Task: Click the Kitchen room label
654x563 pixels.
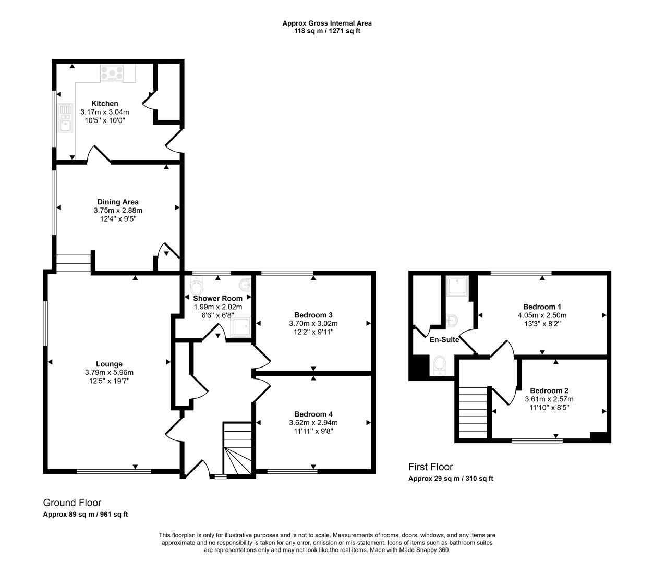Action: (105, 104)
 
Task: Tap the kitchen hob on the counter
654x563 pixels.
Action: (113, 73)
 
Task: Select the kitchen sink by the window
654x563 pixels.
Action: (65, 118)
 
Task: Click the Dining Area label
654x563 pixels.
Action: (118, 202)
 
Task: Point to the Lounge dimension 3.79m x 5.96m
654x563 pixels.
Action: (109, 373)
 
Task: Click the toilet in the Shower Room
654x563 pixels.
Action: (196, 286)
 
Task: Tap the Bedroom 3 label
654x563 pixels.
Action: (313, 315)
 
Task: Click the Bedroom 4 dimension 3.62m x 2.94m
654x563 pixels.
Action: (313, 423)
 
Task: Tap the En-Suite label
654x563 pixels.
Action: (444, 340)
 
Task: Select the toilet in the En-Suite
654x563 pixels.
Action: (440, 365)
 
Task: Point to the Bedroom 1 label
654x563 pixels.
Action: (542, 307)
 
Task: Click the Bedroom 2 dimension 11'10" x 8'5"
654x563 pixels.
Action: (548, 407)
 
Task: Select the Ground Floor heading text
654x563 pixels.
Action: (72, 503)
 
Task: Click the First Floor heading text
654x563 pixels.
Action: (430, 467)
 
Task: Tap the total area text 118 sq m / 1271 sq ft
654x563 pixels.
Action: (327, 31)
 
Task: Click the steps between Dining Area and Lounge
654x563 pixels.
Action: (74, 263)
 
